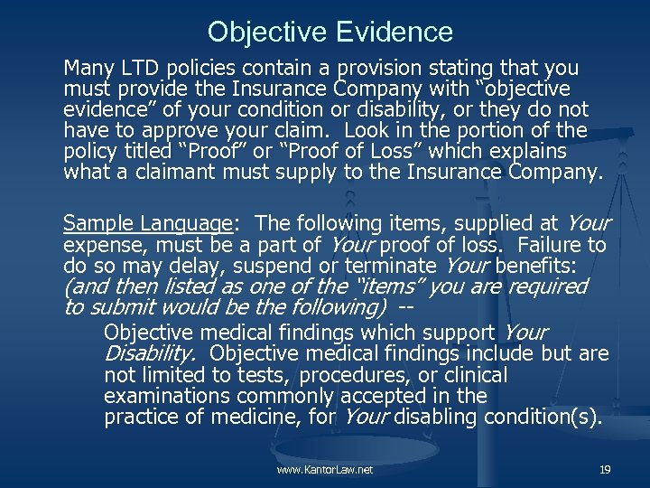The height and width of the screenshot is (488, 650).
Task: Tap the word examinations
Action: pyautogui.click(x=162, y=396)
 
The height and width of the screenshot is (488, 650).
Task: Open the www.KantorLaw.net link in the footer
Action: pyautogui.click(x=325, y=470)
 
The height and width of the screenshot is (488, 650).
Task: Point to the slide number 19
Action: pyautogui.click(x=604, y=470)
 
